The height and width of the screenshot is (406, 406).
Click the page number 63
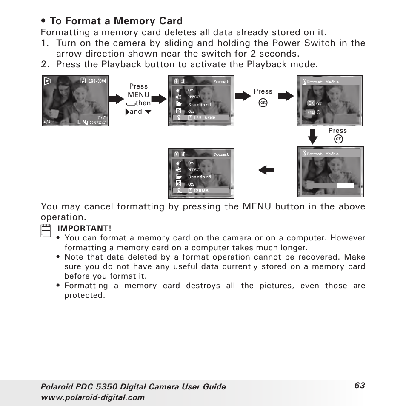[359, 385]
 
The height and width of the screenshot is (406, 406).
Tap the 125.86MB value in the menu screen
[204, 118]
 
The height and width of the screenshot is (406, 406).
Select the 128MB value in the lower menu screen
[201, 191]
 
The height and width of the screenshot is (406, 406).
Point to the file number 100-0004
[97, 81]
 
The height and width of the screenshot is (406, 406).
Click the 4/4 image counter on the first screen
[47, 122]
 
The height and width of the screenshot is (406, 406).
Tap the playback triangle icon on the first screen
[47, 81]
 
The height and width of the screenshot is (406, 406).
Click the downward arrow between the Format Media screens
[313, 136]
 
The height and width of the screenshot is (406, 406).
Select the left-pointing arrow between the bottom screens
[266, 170]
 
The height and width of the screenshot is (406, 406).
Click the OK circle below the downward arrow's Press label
[338, 139]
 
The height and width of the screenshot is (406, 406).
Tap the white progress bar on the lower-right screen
[345, 185]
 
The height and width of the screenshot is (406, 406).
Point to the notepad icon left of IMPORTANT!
[47, 231]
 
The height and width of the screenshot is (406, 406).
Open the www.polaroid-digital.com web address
[92, 397]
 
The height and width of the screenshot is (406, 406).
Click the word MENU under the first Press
[138, 94]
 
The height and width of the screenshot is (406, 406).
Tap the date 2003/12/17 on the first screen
[98, 122]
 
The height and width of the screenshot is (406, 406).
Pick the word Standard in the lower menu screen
[199, 177]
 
